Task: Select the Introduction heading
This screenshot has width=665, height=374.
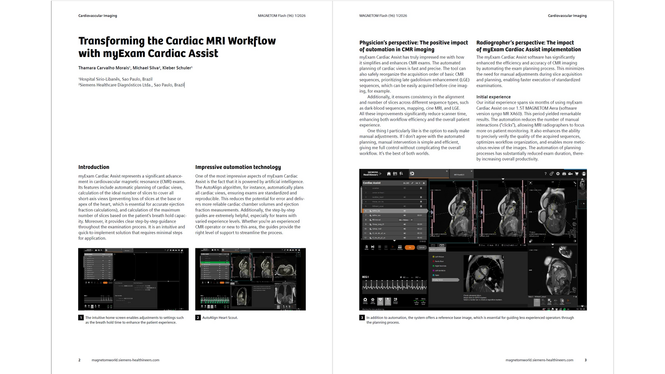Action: [x=94, y=167]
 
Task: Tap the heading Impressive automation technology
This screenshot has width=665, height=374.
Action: [x=238, y=167]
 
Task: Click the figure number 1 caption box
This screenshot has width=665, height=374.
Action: [x=81, y=318]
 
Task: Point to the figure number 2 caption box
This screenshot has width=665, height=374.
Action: [x=198, y=318]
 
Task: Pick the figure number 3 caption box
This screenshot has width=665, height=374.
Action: [x=362, y=318]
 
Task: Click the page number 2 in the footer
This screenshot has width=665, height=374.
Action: [x=79, y=360]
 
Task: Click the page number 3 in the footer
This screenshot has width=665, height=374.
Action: [x=585, y=360]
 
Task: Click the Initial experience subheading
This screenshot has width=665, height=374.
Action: [x=493, y=97]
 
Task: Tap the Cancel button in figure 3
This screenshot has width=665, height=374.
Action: [x=421, y=247]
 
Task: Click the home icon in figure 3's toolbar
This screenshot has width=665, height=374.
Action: [x=389, y=173]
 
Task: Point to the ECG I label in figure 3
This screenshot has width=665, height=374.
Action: [x=366, y=277]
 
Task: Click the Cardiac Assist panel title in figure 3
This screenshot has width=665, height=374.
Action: [x=372, y=183]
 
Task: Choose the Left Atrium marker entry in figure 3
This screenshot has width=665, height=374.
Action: [x=439, y=257]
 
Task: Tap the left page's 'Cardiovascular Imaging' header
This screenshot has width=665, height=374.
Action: [x=97, y=16]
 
